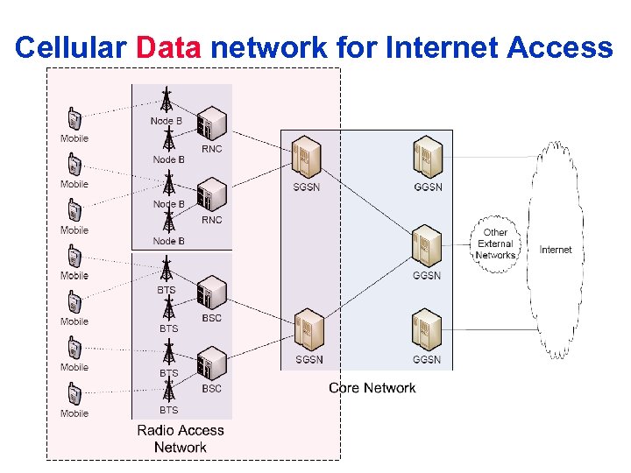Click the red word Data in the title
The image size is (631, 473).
click(168, 47)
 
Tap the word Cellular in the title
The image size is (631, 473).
click(71, 47)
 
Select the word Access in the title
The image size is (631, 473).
click(560, 47)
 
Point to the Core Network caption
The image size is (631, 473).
click(372, 388)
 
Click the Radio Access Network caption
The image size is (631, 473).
click(181, 439)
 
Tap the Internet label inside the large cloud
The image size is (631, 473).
click(556, 250)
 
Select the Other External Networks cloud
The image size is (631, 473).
click(495, 244)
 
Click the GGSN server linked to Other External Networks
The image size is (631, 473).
click(427, 246)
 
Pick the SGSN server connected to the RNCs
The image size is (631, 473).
click(306, 157)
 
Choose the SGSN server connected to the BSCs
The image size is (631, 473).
click(309, 329)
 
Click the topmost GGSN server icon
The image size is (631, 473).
click(428, 157)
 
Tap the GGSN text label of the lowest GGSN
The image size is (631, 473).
click(427, 359)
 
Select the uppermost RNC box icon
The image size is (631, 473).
click(212, 124)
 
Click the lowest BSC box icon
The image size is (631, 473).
click(212, 364)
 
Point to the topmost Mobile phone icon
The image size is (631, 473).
click(74, 118)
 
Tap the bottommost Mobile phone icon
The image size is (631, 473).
click(74, 394)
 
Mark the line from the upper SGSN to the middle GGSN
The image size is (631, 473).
click(366, 201)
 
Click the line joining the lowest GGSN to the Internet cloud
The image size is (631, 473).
click(490, 330)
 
